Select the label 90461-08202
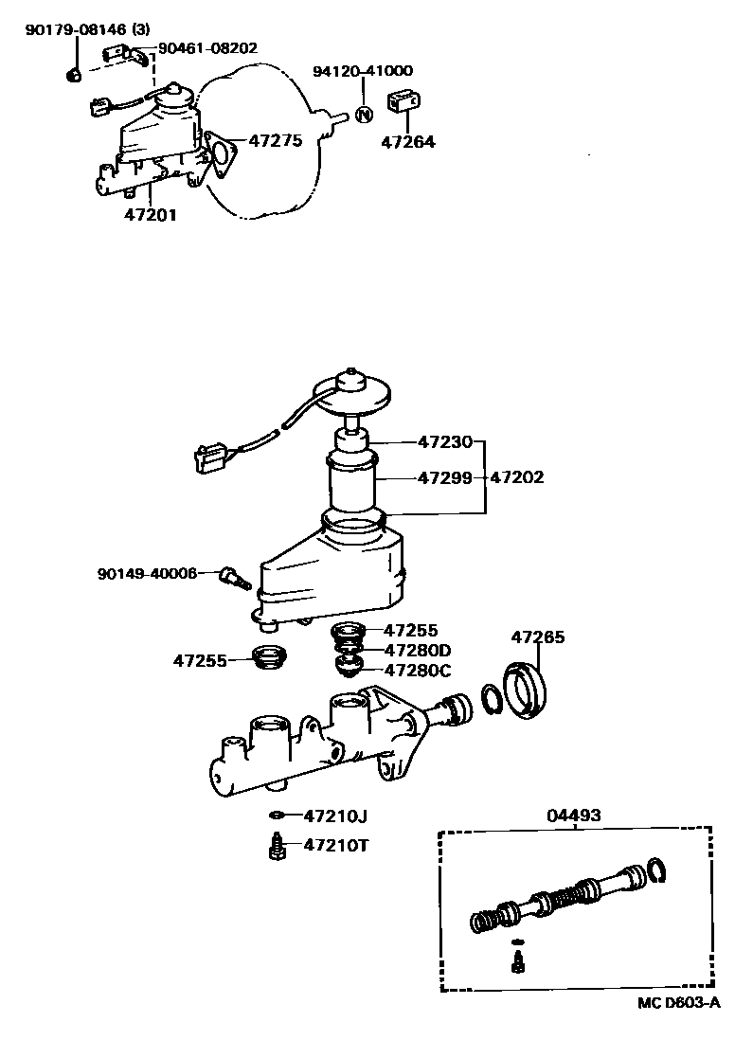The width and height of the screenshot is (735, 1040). (207, 47)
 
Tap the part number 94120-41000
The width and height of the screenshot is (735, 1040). (365, 71)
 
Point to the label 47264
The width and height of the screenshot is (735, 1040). (407, 143)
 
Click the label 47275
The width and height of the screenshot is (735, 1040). (275, 141)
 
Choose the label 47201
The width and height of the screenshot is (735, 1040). (150, 215)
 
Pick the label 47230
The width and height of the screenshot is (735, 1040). (444, 441)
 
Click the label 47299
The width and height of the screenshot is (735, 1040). (444, 478)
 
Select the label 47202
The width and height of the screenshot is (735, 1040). (516, 478)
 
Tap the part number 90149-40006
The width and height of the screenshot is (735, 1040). (147, 573)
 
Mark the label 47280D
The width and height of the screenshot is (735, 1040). (418, 650)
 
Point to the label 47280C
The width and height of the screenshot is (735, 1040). (418, 671)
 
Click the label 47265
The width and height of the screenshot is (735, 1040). (538, 637)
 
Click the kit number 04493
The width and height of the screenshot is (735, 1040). (574, 816)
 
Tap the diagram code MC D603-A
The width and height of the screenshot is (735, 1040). (677, 1002)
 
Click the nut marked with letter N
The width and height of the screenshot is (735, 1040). (365, 115)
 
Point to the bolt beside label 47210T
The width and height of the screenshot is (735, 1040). (278, 845)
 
